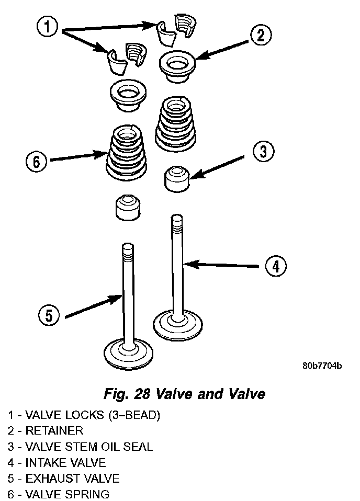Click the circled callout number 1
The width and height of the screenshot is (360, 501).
click(x=48, y=27)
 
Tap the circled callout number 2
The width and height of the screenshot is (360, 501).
click(x=261, y=36)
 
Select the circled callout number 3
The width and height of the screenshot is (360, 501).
click(x=263, y=152)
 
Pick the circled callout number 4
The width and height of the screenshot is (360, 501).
click(x=275, y=266)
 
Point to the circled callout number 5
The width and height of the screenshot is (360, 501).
click(x=49, y=315)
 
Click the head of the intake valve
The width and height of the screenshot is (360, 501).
click(x=178, y=323)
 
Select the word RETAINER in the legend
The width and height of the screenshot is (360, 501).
click(x=54, y=431)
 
